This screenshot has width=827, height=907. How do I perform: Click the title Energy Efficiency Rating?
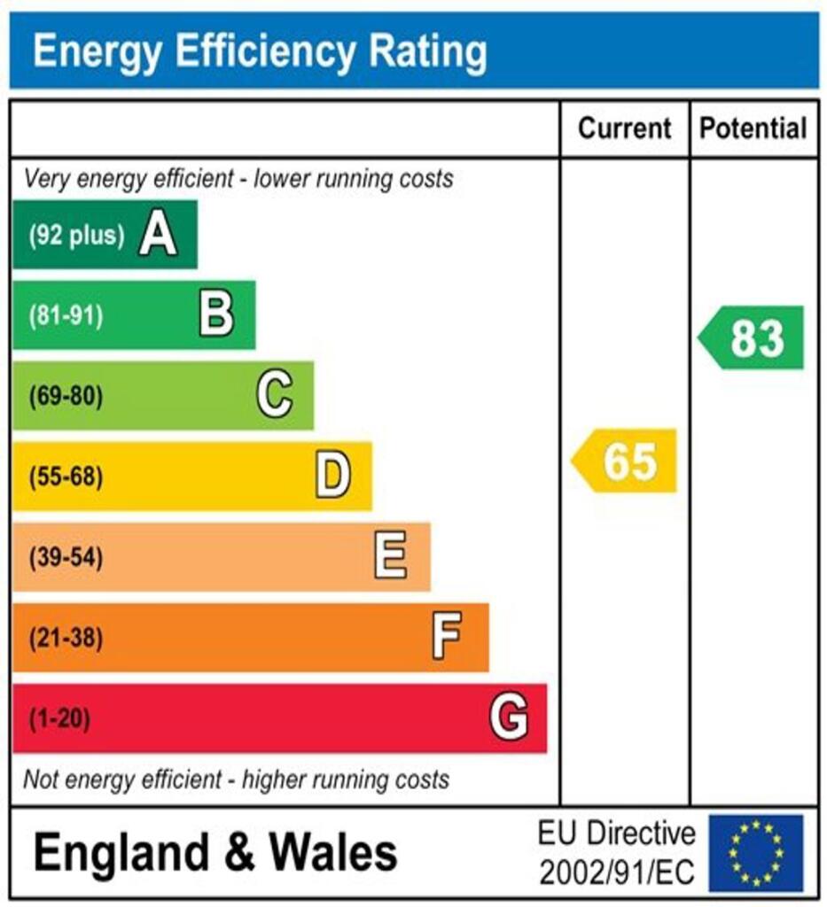click(260, 51)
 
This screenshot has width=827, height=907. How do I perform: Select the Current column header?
click(624, 128)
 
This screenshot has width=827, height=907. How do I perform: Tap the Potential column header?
click(753, 128)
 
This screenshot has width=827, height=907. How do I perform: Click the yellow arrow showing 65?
click(625, 461)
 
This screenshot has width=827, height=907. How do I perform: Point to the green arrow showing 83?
click(752, 337)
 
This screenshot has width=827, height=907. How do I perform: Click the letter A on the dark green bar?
click(158, 236)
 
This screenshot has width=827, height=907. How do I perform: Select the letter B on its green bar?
click(216, 315)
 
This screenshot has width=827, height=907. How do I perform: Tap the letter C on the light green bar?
click(275, 396)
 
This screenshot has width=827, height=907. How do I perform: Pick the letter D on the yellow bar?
click(333, 477)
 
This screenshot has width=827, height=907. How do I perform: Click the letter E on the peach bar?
click(391, 557)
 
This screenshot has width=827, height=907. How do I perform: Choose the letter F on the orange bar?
click(448, 638)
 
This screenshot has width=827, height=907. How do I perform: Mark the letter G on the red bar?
click(509, 718)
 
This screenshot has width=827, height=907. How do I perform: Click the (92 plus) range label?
click(76, 236)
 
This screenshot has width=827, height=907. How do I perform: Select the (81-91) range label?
click(66, 316)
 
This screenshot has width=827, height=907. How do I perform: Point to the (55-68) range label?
click(66, 477)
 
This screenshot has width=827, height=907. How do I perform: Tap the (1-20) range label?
click(59, 719)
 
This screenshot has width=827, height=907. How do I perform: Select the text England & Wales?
click(215, 853)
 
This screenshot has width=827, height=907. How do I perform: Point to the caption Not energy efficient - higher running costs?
click(236, 780)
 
